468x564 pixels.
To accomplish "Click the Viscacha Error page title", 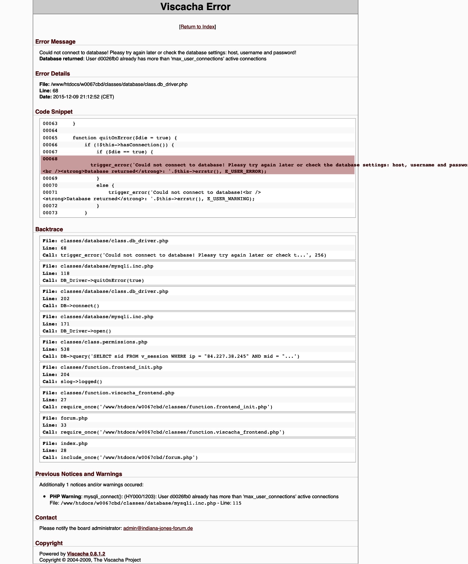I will click(x=195, y=7).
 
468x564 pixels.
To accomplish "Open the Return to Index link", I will click(x=197, y=27).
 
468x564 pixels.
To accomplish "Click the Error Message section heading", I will click(x=55, y=42).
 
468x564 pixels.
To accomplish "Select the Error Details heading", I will click(x=52, y=74).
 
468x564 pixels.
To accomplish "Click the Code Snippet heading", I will click(x=54, y=112).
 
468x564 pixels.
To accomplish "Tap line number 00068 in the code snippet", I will click(x=50, y=159).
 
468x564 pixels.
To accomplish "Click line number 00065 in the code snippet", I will click(x=50, y=138).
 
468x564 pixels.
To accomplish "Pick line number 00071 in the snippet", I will click(x=50, y=192).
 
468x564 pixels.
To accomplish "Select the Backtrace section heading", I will click(x=49, y=229).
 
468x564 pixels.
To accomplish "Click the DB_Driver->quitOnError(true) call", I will click(x=102, y=280).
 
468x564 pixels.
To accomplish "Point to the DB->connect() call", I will click(x=80, y=306).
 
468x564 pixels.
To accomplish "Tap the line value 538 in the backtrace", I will click(x=65, y=349).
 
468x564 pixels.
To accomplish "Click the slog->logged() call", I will click(x=81, y=381).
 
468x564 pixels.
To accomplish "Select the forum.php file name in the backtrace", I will click(x=74, y=418).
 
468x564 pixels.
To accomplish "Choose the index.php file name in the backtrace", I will click(x=74, y=443).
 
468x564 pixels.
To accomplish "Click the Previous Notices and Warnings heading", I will click(x=78, y=474).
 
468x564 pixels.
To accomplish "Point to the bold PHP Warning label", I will click(x=65, y=497).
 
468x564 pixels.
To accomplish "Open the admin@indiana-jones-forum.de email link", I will click(x=158, y=528).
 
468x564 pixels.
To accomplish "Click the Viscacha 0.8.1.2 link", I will click(x=86, y=554).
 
